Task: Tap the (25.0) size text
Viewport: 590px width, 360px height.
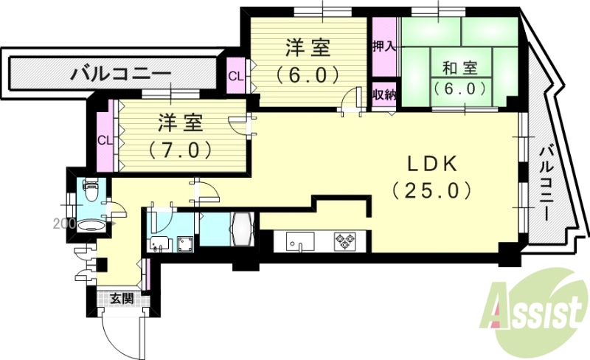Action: pyautogui.click(x=431, y=191)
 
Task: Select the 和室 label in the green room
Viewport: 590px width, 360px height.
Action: pyautogui.click(x=459, y=69)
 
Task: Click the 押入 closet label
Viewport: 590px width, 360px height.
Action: pyautogui.click(x=383, y=44)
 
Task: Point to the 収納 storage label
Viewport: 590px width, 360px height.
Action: pyautogui.click(x=383, y=94)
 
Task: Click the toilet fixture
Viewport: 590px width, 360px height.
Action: pyautogui.click(x=91, y=192)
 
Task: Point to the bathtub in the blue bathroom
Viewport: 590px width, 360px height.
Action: pyautogui.click(x=242, y=229)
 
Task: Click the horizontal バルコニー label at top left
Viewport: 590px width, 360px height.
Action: pyautogui.click(x=122, y=75)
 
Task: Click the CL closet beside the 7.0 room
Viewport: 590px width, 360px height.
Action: pyautogui.click(x=105, y=139)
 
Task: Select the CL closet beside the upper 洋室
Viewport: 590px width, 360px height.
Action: pyautogui.click(x=235, y=76)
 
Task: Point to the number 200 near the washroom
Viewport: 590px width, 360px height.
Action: pyautogui.click(x=63, y=222)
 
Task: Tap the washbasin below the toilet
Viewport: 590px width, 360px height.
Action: pyautogui.click(x=92, y=224)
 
